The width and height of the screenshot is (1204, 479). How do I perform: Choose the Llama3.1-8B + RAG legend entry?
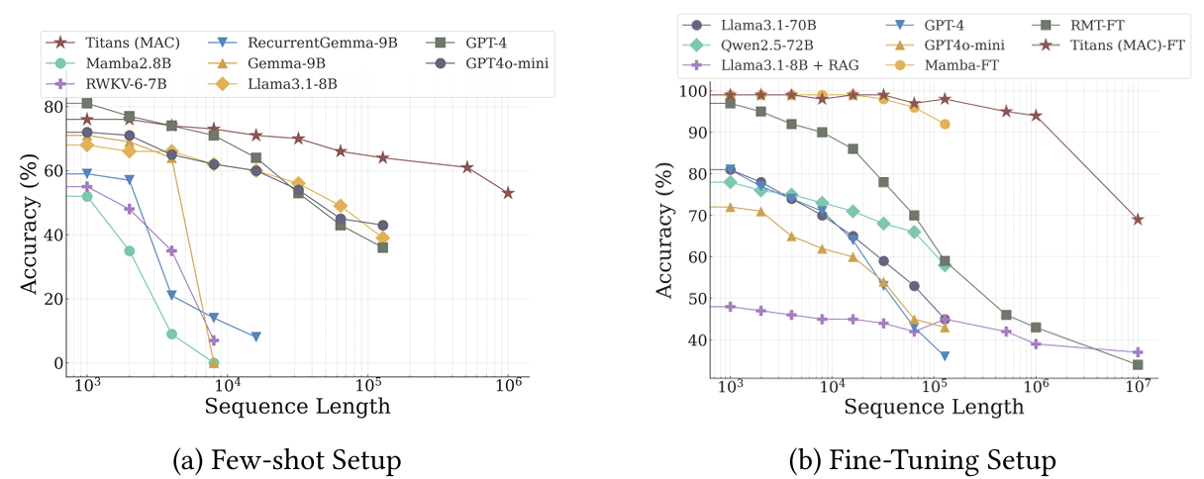coord(770,64)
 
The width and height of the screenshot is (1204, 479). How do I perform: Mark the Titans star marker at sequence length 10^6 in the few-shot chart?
coord(508,193)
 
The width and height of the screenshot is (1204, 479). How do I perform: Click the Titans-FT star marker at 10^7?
coord(1138,220)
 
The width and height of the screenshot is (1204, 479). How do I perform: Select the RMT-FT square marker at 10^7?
coord(1138,365)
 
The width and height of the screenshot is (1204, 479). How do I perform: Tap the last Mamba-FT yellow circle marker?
coord(945,125)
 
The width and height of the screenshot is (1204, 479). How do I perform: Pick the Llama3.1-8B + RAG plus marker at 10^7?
coord(1138,352)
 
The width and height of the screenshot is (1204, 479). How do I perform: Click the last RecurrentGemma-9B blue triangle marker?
coord(255,337)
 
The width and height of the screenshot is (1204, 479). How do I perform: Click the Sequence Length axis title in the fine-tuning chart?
coord(932,407)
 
